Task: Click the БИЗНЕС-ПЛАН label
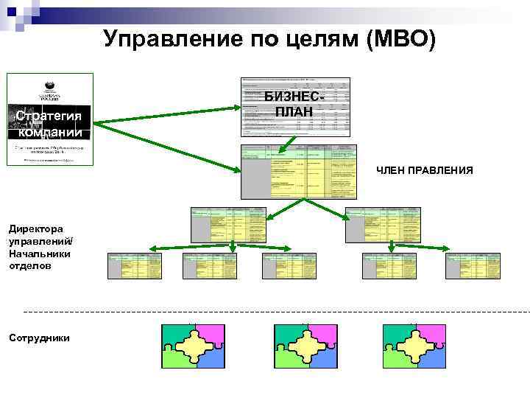coord(294,104)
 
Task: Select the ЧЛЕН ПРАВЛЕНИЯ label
coord(425,171)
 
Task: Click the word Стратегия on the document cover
coord(49,117)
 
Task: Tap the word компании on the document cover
coord(49,133)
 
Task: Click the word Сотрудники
coord(39,338)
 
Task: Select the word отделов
coord(29,265)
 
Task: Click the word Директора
coord(36,229)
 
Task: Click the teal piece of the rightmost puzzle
coord(396,335)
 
